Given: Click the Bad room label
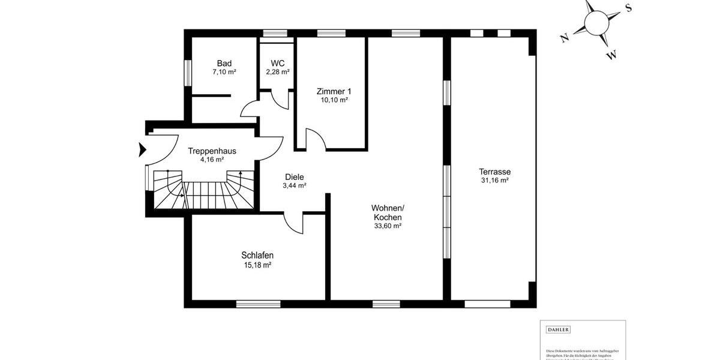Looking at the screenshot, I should tap(224, 63).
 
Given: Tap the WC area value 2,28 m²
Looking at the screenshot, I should tap(278, 72).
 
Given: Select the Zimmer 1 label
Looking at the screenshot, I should tap(334, 91).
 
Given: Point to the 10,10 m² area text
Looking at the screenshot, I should tap(334, 100).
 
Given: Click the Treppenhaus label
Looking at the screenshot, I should tap(212, 151).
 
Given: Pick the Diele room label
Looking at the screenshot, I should tap(294, 177).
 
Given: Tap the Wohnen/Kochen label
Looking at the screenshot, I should tap(387, 212).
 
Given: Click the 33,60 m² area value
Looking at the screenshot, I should tap(387, 226).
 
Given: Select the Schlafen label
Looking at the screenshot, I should tap(257, 255).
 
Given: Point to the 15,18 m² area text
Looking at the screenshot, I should tap(257, 265).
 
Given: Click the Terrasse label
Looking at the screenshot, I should tap(494, 171).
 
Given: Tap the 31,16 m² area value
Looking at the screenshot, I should tap(494, 180).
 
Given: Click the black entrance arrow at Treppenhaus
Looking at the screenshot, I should tap(142, 149).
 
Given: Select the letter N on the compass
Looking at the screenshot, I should tap(564, 38).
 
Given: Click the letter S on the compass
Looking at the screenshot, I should tap(628, 8).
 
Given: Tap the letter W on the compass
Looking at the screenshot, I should tap(611, 56).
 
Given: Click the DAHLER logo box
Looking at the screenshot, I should tap(558, 329).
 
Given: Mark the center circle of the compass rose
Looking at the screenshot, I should tap(596, 23).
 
